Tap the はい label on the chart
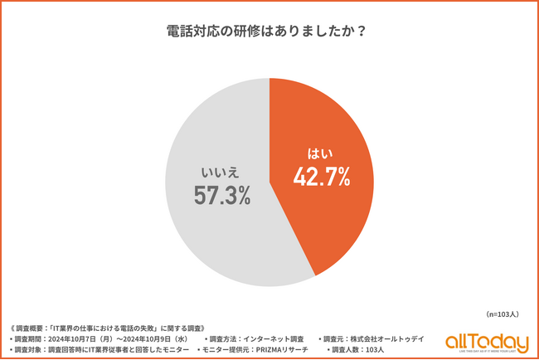pos(320,153)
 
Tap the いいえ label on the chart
pos(221,173)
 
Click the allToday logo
pos(487,341)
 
